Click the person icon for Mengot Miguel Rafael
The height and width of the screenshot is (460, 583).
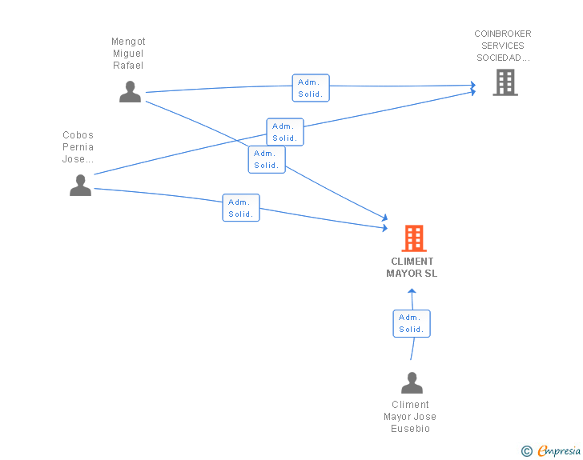pos(130,91)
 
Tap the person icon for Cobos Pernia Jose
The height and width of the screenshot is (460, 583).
pos(80,185)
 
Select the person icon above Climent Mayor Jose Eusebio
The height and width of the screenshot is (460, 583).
pos(412,382)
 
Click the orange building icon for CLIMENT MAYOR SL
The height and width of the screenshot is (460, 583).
pos(414,238)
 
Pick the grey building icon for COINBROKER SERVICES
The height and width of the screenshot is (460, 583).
pos(505,82)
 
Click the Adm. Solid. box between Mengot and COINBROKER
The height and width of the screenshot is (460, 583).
pos(311,88)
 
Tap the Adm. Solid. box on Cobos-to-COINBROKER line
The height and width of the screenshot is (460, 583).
pos(285,132)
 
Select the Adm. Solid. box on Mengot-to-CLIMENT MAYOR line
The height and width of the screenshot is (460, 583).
pos(267,159)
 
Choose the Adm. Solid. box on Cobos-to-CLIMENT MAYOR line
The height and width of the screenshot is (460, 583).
pos(241,208)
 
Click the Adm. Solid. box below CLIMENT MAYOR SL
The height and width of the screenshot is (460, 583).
pos(412,324)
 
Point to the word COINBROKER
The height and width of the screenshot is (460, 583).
pos(503,34)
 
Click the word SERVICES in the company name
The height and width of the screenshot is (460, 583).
pos(503,46)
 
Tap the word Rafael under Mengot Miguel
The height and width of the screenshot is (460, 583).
pos(128,66)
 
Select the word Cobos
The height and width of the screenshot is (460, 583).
pos(78,135)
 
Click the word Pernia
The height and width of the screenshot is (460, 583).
pos(78,147)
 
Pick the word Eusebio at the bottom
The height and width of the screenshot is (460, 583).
pos(411,429)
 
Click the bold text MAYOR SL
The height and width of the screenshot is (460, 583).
pos(412,274)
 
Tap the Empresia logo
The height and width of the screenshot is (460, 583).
pos(559,450)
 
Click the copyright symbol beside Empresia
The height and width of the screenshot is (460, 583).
pos(527,451)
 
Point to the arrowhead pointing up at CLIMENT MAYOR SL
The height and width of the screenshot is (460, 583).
pos(412,291)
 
